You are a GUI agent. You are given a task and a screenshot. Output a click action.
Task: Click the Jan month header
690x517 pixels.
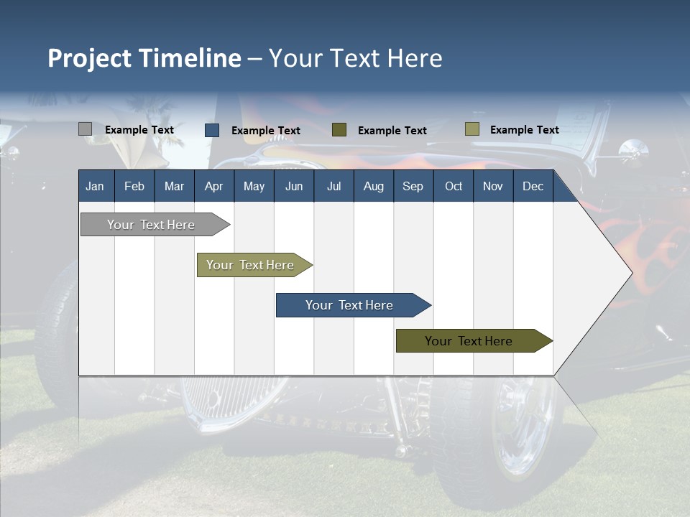pyautogui.click(x=95, y=186)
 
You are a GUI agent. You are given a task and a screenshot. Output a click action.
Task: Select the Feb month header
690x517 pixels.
pyautogui.click(x=134, y=186)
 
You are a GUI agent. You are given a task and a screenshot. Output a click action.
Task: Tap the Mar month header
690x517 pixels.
pyautogui.click(x=174, y=186)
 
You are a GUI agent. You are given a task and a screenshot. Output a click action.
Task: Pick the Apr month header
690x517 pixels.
pyautogui.click(x=213, y=186)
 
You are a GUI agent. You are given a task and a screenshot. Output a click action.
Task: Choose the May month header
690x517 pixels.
pyautogui.click(x=254, y=186)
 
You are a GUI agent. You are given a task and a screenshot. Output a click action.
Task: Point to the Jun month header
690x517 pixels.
pyautogui.click(x=294, y=186)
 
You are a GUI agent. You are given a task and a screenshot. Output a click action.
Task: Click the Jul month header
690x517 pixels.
pyautogui.click(x=333, y=186)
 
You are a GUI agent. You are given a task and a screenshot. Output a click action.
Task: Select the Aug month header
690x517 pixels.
pyautogui.click(x=374, y=186)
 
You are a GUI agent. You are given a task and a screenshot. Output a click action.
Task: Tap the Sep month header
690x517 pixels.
pyautogui.click(x=413, y=186)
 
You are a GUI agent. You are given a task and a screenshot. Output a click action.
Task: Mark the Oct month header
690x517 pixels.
pyautogui.click(x=454, y=186)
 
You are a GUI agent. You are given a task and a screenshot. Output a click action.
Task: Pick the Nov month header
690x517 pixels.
pyautogui.click(x=493, y=186)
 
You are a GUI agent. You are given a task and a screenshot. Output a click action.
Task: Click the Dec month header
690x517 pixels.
pyautogui.click(x=533, y=186)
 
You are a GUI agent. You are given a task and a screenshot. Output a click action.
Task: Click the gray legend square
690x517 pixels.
pyautogui.click(x=86, y=129)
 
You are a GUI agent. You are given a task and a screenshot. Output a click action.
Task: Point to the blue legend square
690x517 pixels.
pyautogui.click(x=212, y=130)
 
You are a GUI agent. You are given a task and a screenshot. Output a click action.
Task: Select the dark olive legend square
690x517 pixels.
pyautogui.click(x=339, y=130)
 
